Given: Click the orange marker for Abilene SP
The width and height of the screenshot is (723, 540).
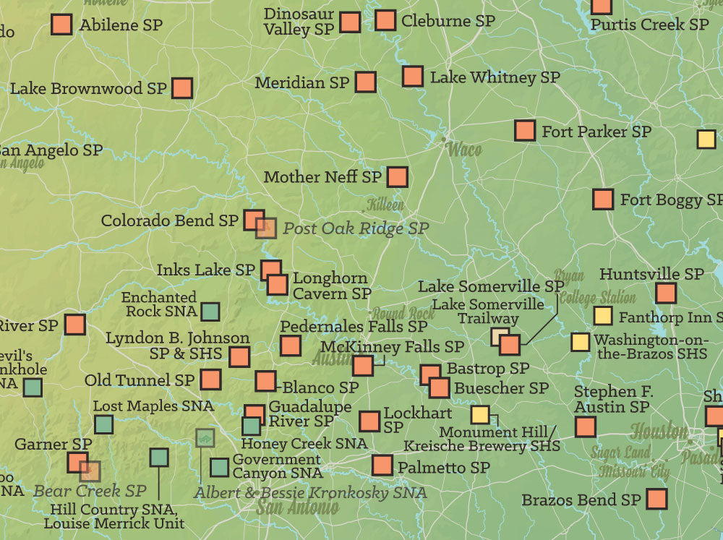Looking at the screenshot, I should coord(61,25).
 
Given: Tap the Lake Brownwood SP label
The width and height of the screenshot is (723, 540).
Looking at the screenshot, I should coord(88,89).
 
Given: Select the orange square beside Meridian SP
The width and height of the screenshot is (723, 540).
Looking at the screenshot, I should coord(365,82).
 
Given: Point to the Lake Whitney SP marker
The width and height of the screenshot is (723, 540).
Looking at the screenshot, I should coord(413,76).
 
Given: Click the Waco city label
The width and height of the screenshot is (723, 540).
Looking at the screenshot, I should coord(464,150).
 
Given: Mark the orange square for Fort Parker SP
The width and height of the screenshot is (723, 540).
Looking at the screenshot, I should coord(525,131).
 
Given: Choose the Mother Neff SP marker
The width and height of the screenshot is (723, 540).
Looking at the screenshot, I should coord(397,176).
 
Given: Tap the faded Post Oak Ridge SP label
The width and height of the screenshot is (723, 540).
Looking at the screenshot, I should coord(356,228).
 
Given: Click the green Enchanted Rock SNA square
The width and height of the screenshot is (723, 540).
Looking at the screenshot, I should coord(210,312).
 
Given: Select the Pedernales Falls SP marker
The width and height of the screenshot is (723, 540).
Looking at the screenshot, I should coord(291,346).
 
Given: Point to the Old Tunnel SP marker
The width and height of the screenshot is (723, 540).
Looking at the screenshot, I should coord(210,380).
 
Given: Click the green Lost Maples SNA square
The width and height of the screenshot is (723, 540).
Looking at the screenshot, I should coord(103,424).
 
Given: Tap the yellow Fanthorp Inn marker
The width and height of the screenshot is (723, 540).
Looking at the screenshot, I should coord(602,316).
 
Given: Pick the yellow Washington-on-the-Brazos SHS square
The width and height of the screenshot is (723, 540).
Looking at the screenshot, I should coord(580,342).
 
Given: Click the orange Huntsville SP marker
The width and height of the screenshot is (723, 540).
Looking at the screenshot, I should coord(666,293).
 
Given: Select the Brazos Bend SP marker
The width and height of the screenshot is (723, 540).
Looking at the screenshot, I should coord(656,499).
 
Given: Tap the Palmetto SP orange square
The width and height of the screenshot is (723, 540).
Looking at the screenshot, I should coord(382,466).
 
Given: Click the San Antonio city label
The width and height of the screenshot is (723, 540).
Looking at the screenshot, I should coord(297,506).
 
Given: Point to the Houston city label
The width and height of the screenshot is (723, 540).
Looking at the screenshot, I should coord(659,432).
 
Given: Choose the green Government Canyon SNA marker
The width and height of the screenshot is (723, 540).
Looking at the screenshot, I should coord(219,468).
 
